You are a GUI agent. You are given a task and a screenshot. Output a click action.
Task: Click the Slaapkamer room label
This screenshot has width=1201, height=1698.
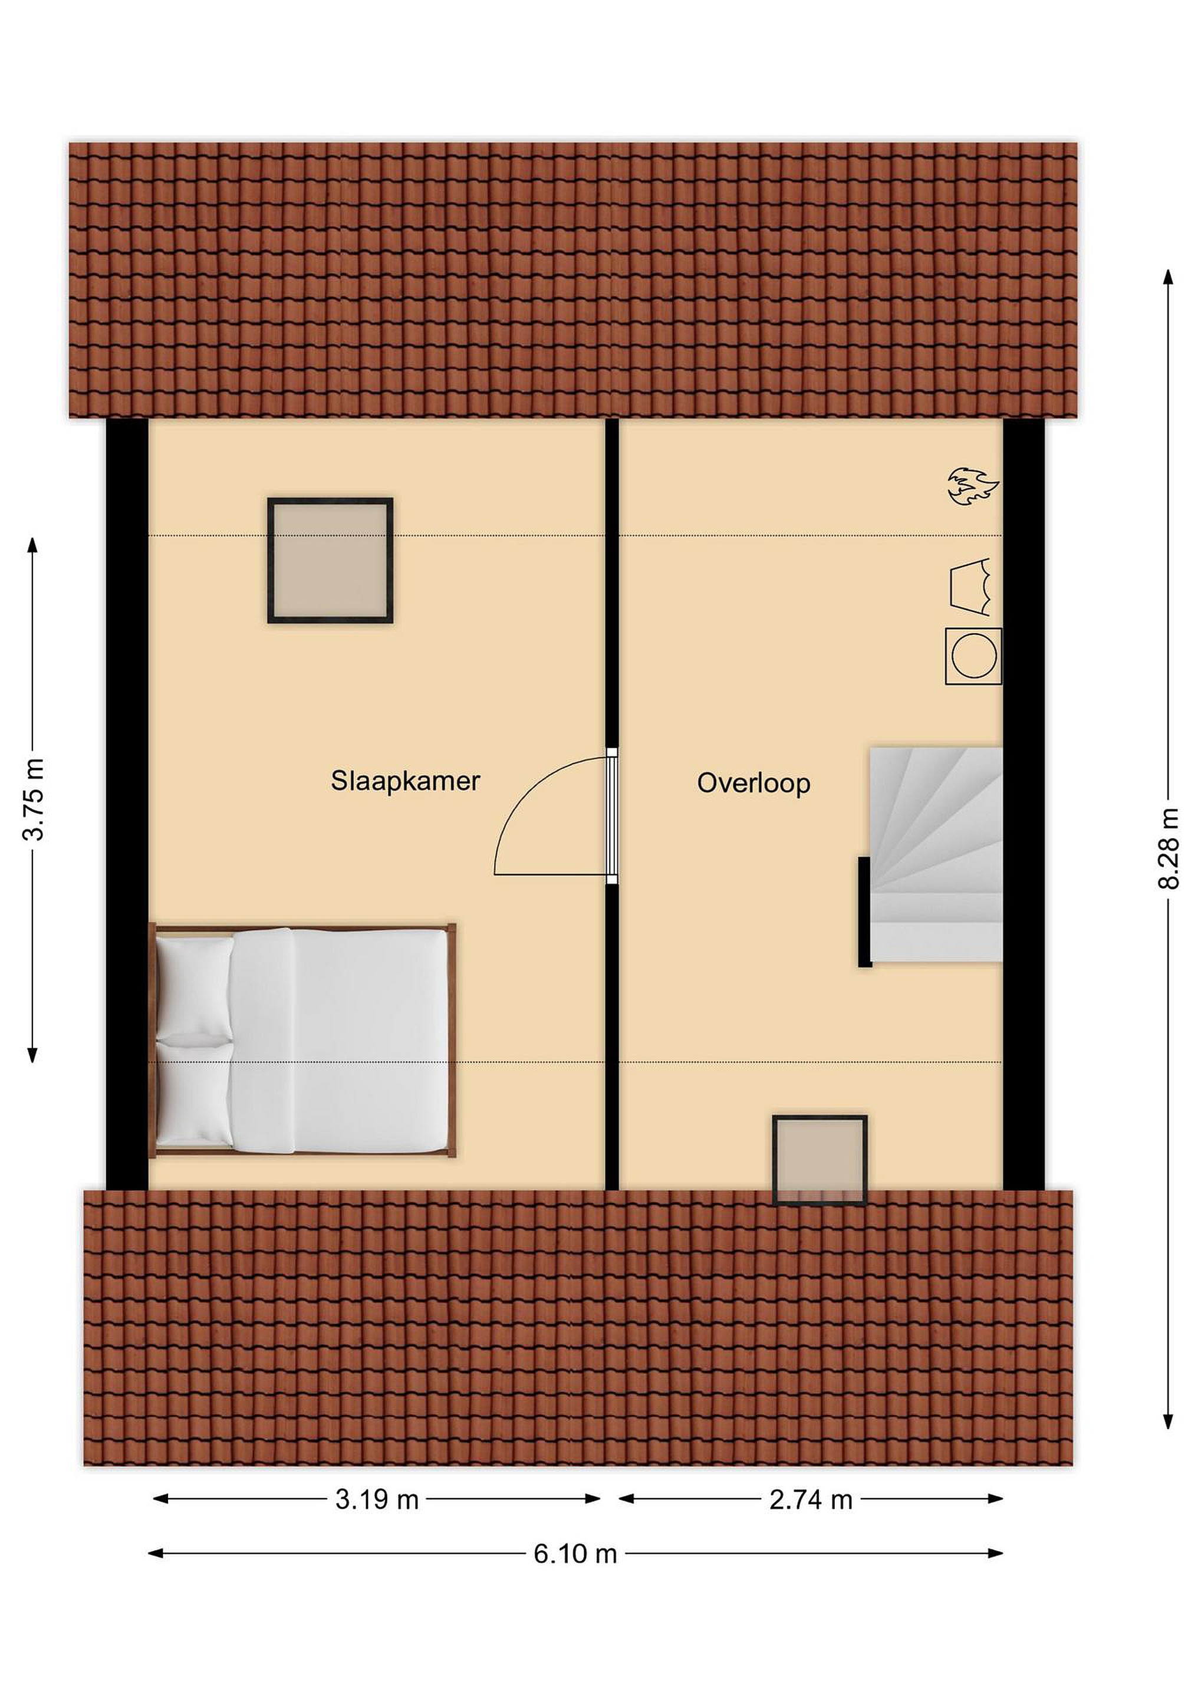404,781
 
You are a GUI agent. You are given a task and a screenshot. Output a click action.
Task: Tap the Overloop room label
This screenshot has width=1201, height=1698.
753,783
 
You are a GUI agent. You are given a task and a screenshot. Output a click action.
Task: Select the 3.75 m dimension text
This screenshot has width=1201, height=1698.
34,799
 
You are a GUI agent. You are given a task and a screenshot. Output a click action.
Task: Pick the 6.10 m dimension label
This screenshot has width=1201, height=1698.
575,1555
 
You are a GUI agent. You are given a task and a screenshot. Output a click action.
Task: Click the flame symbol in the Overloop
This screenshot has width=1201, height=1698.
973,486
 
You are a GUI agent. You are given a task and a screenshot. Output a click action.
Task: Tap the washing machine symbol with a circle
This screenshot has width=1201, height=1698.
973,656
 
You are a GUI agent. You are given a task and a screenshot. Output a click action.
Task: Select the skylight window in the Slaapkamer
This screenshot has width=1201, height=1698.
330,561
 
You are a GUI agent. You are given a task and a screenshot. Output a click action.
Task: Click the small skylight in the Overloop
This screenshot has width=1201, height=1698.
820,1160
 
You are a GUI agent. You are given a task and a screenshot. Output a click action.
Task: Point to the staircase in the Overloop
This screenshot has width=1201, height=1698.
936,855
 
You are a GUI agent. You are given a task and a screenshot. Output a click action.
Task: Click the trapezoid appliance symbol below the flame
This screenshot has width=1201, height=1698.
970,587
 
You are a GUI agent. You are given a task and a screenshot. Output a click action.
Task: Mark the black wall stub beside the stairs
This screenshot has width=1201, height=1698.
864,912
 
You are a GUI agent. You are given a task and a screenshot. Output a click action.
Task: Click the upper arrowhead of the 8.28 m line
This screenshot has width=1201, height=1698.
1169,277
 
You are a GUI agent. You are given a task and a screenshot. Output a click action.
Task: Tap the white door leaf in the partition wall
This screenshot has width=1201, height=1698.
611,816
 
